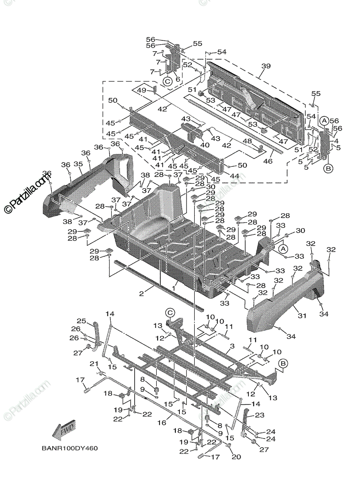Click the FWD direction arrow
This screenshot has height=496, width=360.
tap(64, 430)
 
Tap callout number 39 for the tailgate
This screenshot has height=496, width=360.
tap(266, 66)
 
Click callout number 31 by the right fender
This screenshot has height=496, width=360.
tap(302, 316)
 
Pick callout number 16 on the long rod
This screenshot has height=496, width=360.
tap(162, 423)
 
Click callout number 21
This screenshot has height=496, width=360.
tap(94, 363)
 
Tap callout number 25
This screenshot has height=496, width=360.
tap(81, 321)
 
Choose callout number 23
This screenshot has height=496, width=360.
tap(260, 415)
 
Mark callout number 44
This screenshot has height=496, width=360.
tap(235, 176)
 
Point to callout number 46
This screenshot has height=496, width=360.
tap(268, 161)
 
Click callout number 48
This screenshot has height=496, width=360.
tap(248, 141)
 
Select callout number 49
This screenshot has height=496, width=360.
tap(142, 91)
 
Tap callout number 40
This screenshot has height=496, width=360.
tap(205, 145)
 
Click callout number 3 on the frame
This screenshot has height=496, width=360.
tap(232, 346)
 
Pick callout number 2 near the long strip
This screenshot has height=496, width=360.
tap(141, 293)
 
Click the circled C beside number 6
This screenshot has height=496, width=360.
tap(167, 81)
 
